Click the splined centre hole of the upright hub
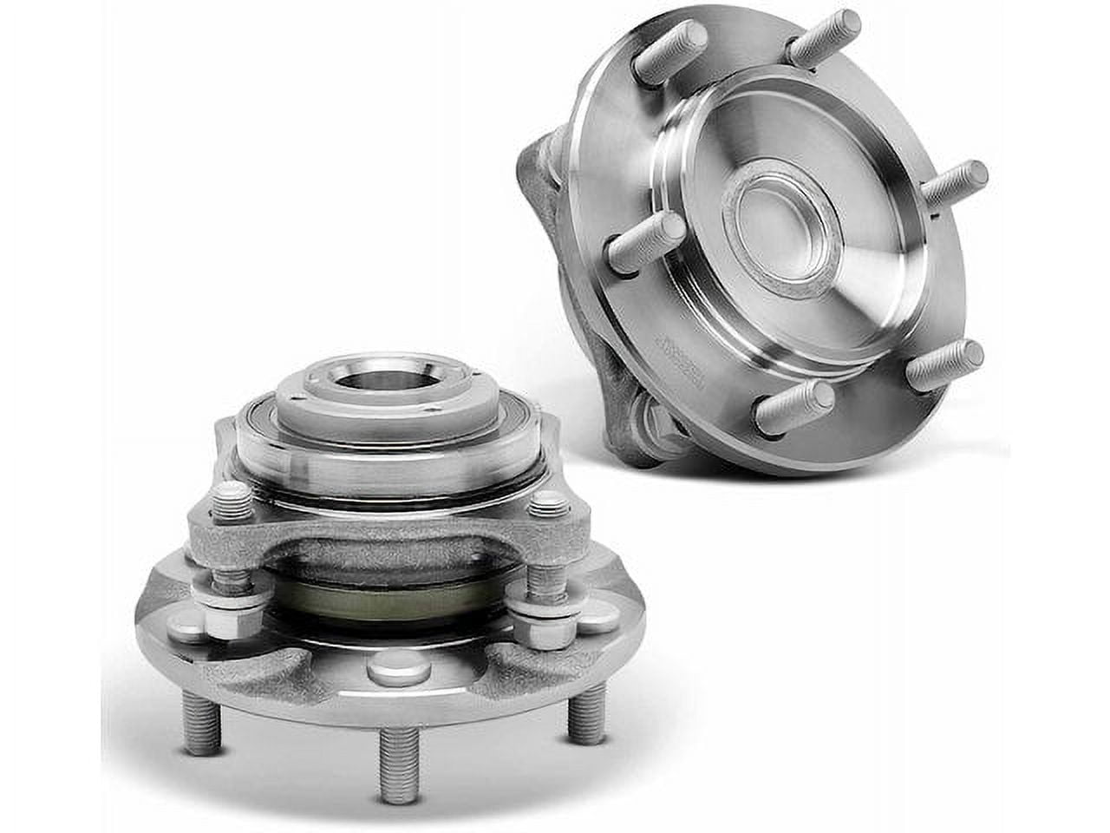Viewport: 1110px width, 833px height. point(382,382)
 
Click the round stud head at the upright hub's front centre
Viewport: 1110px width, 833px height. point(387,669)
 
